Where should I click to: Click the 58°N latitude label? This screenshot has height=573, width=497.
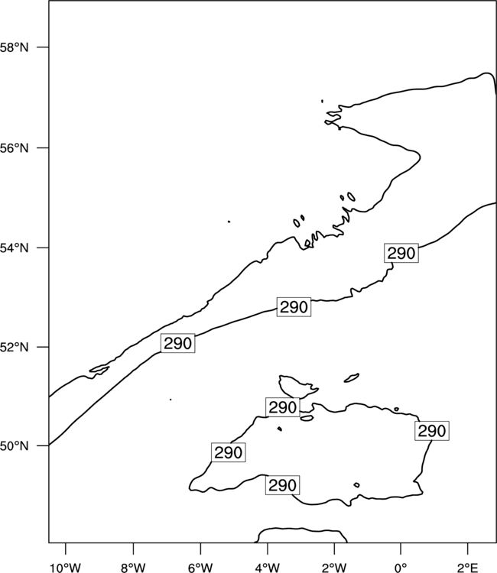14,47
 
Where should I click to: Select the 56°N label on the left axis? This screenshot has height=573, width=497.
14,148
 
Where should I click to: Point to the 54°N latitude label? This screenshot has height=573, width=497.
14,248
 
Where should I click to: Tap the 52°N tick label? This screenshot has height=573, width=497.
14,347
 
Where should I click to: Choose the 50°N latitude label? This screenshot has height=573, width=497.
14,446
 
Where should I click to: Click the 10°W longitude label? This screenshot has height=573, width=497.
66,568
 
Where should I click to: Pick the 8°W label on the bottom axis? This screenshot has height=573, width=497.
133,568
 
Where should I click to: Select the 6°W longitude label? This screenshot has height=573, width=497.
200,568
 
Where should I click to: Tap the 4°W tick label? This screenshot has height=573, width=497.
268,568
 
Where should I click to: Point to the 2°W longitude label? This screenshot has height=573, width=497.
334,568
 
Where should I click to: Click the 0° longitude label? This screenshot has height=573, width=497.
401,568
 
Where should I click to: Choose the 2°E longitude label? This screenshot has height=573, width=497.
468,568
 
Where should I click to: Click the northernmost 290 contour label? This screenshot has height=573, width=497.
401,253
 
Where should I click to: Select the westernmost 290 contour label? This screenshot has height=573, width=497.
177,344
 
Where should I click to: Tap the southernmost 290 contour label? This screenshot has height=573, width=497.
282,485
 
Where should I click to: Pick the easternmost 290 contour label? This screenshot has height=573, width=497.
432,431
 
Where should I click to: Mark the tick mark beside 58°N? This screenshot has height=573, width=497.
42,47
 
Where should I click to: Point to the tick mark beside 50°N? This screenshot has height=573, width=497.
42,446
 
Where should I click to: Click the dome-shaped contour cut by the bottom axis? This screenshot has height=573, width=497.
300,529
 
